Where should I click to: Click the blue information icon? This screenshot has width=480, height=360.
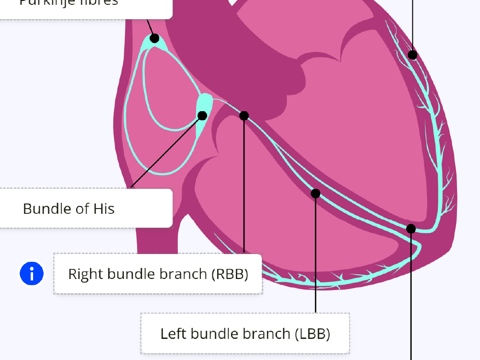[32, 274]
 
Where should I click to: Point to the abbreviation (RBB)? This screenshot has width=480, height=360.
[230, 274]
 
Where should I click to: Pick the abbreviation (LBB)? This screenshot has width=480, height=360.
[312, 334]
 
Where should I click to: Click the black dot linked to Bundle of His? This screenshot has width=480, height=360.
[202, 116]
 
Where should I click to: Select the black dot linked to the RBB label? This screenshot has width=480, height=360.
[244, 116]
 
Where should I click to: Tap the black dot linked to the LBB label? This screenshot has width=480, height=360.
[316, 194]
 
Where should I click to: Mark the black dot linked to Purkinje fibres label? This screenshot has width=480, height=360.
[154, 38]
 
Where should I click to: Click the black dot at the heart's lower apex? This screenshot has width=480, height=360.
[411, 229]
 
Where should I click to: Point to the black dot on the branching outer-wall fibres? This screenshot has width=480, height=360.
[412, 55]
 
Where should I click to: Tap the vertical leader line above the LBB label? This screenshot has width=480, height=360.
[316, 254]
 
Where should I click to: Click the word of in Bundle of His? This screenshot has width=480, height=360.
[81, 209]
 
